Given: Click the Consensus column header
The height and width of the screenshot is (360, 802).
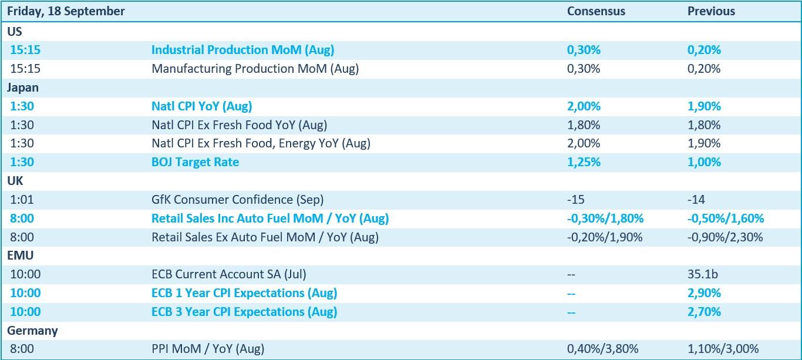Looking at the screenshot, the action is [x=596, y=11].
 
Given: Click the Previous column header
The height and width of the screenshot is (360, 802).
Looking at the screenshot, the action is [x=711, y=11].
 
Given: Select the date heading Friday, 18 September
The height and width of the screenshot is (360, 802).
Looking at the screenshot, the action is [x=66, y=12].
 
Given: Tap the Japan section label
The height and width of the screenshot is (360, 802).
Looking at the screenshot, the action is [x=22, y=88].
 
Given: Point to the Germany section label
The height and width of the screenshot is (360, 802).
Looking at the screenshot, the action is [x=32, y=331].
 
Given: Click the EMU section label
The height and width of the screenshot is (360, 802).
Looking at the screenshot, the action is [x=21, y=255].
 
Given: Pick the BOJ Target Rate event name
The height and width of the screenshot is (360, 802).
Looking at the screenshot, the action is [x=195, y=162].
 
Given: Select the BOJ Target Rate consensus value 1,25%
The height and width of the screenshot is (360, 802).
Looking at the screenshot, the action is [x=584, y=162].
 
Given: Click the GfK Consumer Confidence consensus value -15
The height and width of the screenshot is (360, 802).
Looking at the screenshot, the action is [x=576, y=200].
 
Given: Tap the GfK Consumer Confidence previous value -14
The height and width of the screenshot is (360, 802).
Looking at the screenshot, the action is [x=696, y=200].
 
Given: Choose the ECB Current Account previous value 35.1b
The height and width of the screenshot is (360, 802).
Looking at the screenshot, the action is [x=702, y=274].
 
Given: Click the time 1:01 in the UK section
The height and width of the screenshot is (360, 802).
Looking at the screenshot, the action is [x=22, y=200].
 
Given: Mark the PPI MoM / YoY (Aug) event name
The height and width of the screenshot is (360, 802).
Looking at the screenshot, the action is [x=208, y=349].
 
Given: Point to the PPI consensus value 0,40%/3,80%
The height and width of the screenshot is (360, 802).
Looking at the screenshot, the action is [x=602, y=349].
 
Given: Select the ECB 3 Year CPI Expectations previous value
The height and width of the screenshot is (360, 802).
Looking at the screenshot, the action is [x=704, y=312].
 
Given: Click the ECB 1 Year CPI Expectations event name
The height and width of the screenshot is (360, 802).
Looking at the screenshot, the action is [x=244, y=293].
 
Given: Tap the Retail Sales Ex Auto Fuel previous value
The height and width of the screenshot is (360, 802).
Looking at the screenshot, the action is [x=725, y=237].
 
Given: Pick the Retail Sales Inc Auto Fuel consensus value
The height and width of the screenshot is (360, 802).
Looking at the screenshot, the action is [x=605, y=218].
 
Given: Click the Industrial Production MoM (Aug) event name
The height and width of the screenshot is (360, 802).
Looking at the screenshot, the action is [x=242, y=50].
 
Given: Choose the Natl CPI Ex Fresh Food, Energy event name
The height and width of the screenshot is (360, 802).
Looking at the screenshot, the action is [x=261, y=143].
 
